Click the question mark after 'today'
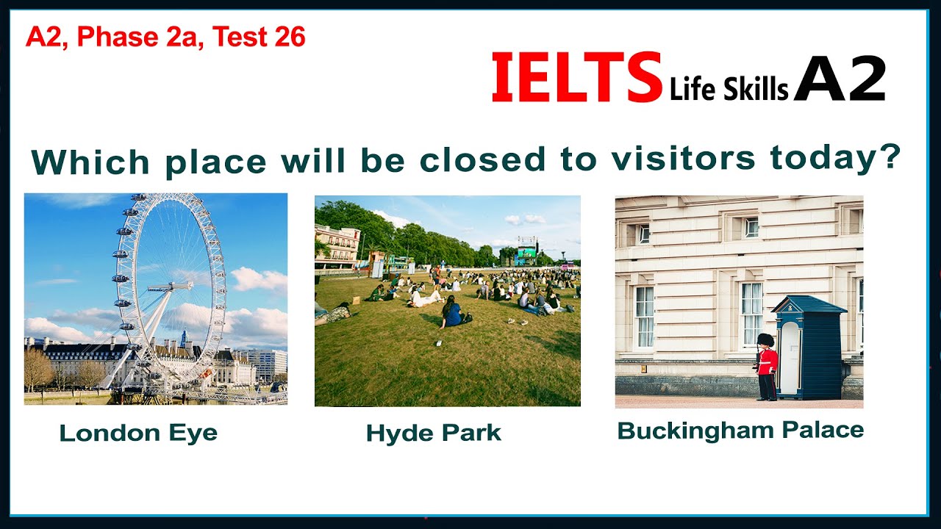tap(891, 155)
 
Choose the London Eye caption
tap(138, 433)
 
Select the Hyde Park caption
tap(433, 433)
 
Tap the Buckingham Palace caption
tap(740, 430)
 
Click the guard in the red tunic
tap(767, 367)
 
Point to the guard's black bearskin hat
tap(765, 341)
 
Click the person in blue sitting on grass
tap(451, 314)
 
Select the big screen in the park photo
tap(526, 255)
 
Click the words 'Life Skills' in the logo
tap(729, 89)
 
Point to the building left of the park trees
tap(337, 245)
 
